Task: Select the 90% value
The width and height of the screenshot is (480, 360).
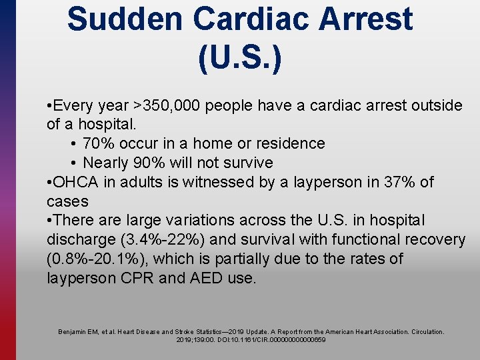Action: [x=151, y=163]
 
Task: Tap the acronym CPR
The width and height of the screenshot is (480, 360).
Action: [x=137, y=278]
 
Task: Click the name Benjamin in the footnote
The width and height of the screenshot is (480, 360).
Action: [x=73, y=331]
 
